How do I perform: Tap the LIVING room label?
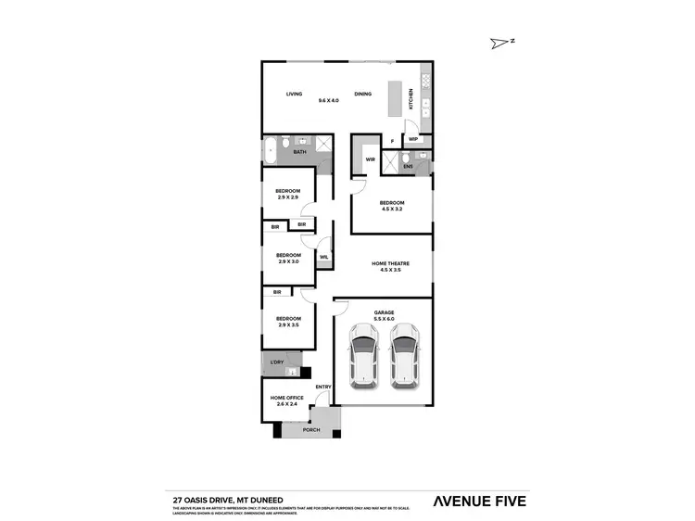click(x=294, y=94)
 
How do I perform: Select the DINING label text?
click(x=362, y=94)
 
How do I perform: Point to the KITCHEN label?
click(x=411, y=99)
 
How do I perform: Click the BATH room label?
click(x=299, y=151)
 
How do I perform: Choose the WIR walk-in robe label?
click(x=369, y=159)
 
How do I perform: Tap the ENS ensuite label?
click(x=408, y=167)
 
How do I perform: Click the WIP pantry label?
click(x=413, y=140)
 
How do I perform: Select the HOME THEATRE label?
click(x=390, y=263)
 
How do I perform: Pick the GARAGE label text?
click(x=384, y=312)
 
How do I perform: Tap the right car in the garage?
click(x=404, y=356)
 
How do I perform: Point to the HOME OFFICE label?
click(x=287, y=398)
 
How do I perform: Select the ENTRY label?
click(x=322, y=387)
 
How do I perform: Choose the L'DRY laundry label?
click(x=276, y=362)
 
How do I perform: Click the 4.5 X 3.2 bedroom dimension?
click(x=391, y=210)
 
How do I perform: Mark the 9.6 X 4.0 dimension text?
click(x=328, y=100)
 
